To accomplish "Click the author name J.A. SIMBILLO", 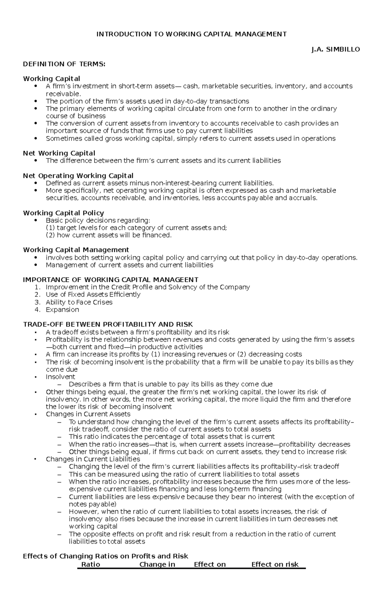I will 336,50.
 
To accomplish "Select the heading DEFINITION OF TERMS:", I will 64,64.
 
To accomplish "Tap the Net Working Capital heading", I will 59,153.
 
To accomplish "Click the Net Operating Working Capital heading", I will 78,176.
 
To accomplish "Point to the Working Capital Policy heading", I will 64,213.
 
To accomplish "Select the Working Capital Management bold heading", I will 76,250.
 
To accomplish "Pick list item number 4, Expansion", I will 62,310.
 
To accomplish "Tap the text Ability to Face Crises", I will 79,302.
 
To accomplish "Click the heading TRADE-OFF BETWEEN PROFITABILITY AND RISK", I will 108,324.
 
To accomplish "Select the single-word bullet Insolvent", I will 60,377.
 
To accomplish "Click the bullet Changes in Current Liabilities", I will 93,459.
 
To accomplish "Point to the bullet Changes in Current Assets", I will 88,414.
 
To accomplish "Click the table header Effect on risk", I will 275,564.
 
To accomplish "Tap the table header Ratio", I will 91,564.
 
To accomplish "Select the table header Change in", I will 157,564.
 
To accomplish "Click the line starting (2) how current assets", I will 109,235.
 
